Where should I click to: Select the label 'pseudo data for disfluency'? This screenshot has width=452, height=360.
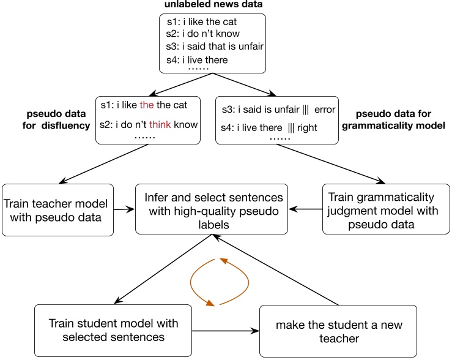(58, 119)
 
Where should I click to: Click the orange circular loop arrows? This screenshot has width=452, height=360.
(211, 282)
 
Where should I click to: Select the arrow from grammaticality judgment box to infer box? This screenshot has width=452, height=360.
(305, 209)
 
